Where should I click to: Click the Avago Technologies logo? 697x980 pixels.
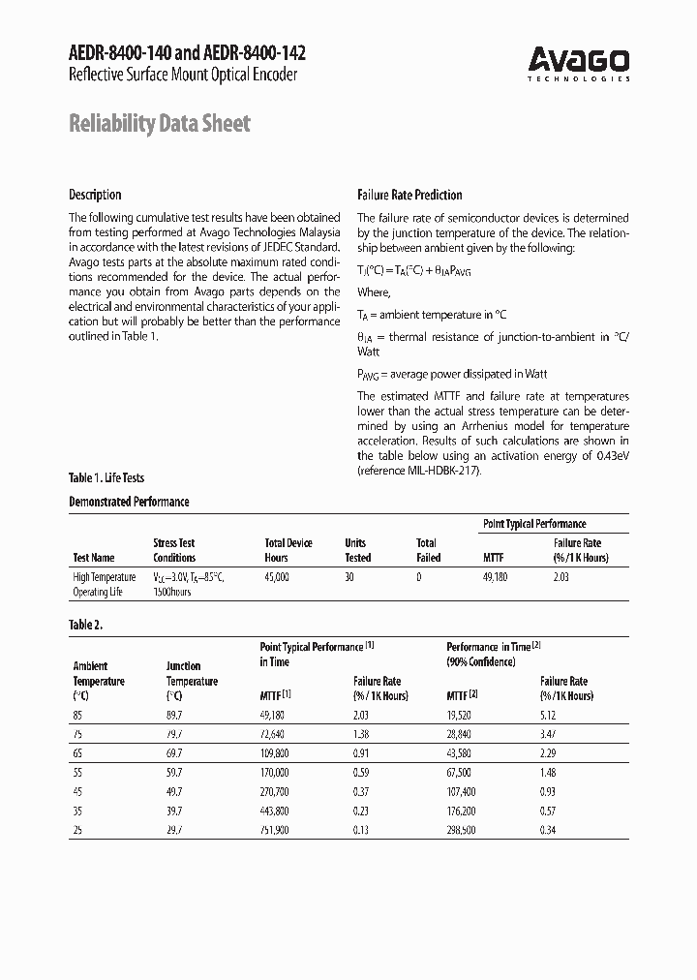pyautogui.click(x=579, y=64)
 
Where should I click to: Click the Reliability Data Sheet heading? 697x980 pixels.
pyautogui.click(x=160, y=124)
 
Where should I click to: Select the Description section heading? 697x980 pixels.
pyautogui.click(x=95, y=195)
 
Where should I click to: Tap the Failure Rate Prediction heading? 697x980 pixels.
pyautogui.click(x=409, y=195)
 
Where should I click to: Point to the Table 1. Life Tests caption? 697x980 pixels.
pyautogui.click(x=106, y=477)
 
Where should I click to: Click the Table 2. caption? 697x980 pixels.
pyautogui.click(x=85, y=625)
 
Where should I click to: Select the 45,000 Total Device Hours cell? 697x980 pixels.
pyautogui.click(x=277, y=576)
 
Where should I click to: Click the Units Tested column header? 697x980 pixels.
pyautogui.click(x=357, y=550)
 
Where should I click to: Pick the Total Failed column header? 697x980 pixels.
pyautogui.click(x=428, y=550)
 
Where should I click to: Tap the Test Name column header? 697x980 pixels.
pyautogui.click(x=94, y=558)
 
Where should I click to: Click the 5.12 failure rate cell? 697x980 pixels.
pyautogui.click(x=553, y=715)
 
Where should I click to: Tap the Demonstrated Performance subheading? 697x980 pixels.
pyautogui.click(x=129, y=502)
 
